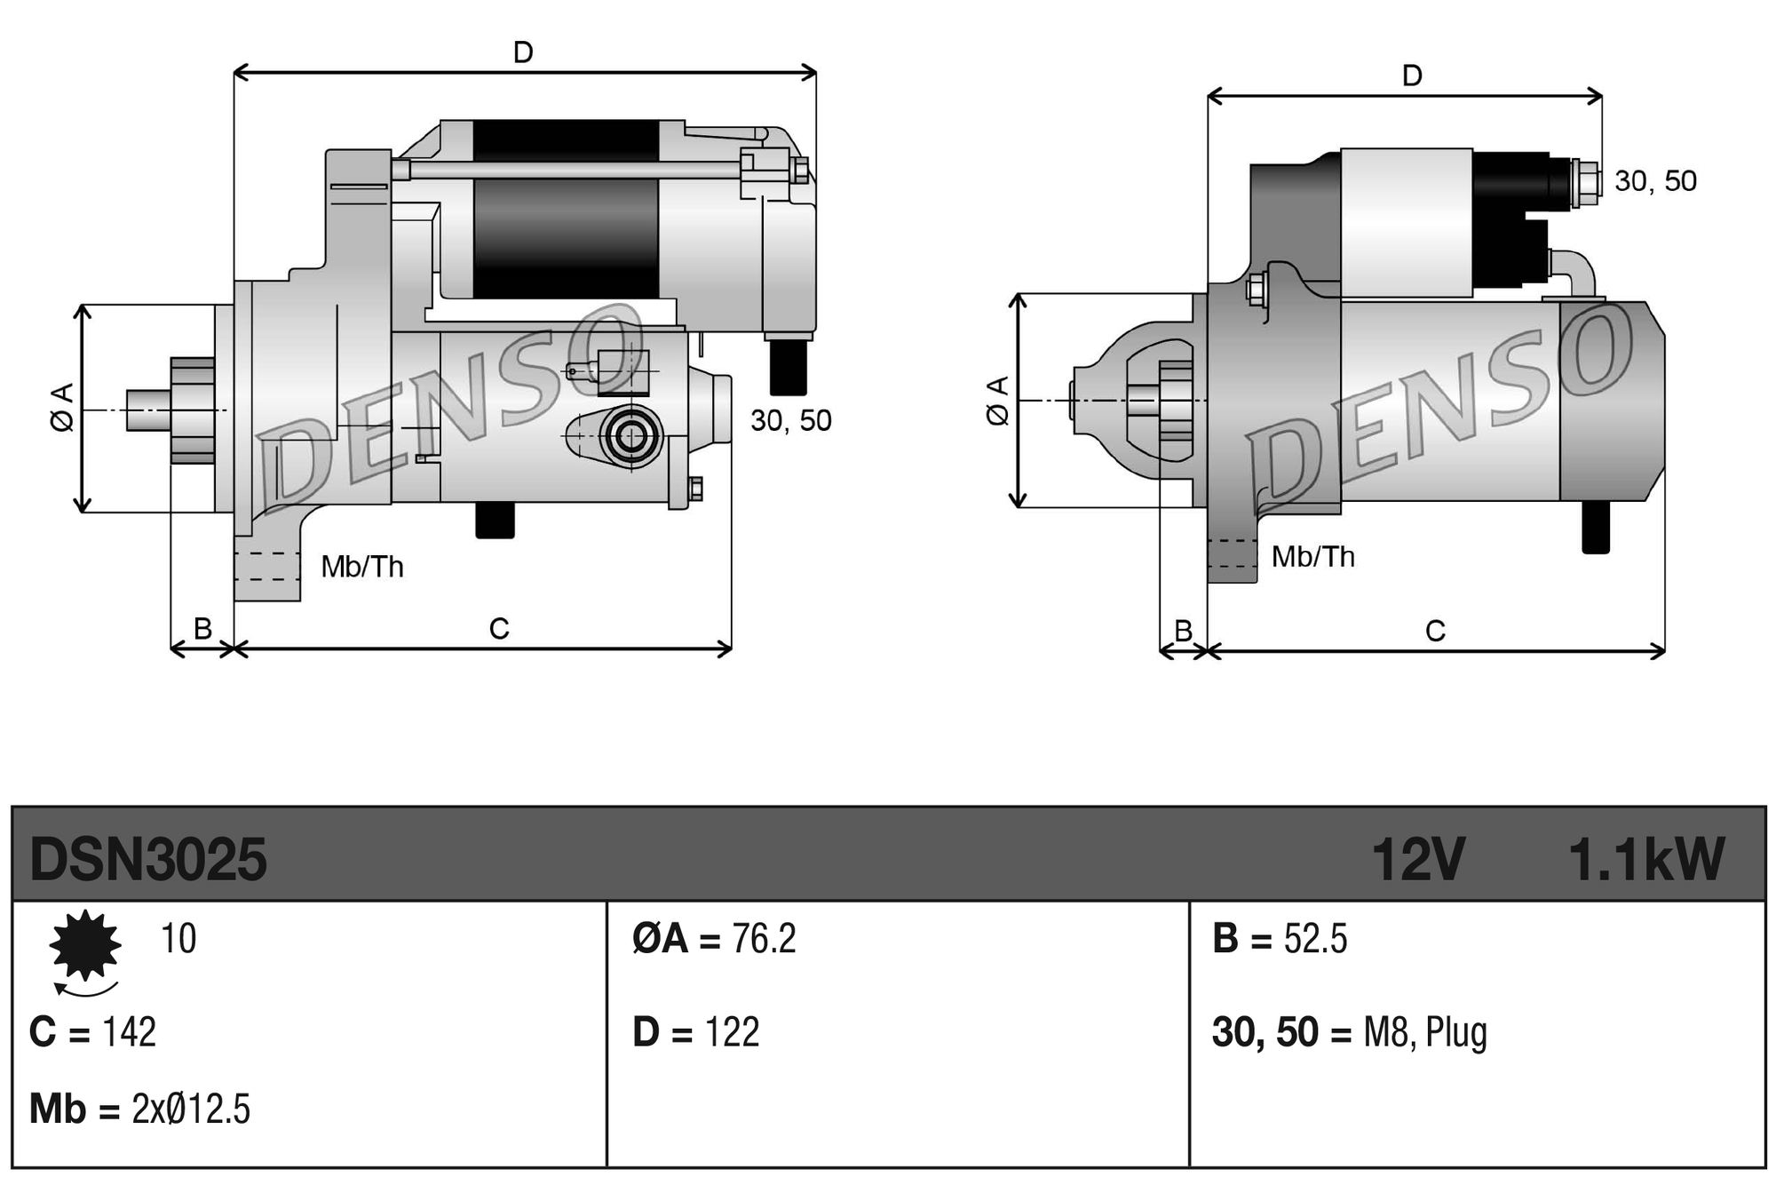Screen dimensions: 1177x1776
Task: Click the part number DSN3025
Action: (x=147, y=860)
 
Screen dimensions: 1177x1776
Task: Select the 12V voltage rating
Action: (x=1417, y=860)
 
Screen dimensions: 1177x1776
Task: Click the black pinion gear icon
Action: (x=85, y=945)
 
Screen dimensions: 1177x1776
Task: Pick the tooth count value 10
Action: (x=178, y=939)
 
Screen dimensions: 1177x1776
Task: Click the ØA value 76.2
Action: (x=764, y=939)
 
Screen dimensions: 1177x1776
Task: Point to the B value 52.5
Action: (x=1315, y=939)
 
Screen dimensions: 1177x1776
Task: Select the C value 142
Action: (x=130, y=1032)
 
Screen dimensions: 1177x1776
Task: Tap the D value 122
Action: (x=732, y=1032)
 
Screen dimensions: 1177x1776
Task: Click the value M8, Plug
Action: (x=1424, y=1032)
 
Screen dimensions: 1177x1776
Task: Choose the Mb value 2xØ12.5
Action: (x=191, y=1109)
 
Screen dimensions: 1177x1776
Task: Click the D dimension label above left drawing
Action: (x=523, y=52)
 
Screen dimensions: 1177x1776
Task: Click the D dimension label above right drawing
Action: (x=1412, y=76)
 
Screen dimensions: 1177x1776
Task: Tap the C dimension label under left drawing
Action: (x=499, y=629)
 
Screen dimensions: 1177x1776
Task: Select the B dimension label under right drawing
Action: (x=1183, y=631)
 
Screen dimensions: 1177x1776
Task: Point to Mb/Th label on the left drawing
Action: (x=362, y=567)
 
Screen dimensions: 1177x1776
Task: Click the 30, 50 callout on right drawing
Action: (x=1655, y=181)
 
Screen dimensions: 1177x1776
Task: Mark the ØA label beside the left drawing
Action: (x=62, y=408)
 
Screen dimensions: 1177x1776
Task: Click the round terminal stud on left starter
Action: (x=631, y=436)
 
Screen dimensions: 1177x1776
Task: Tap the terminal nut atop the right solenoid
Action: (x=1584, y=181)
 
